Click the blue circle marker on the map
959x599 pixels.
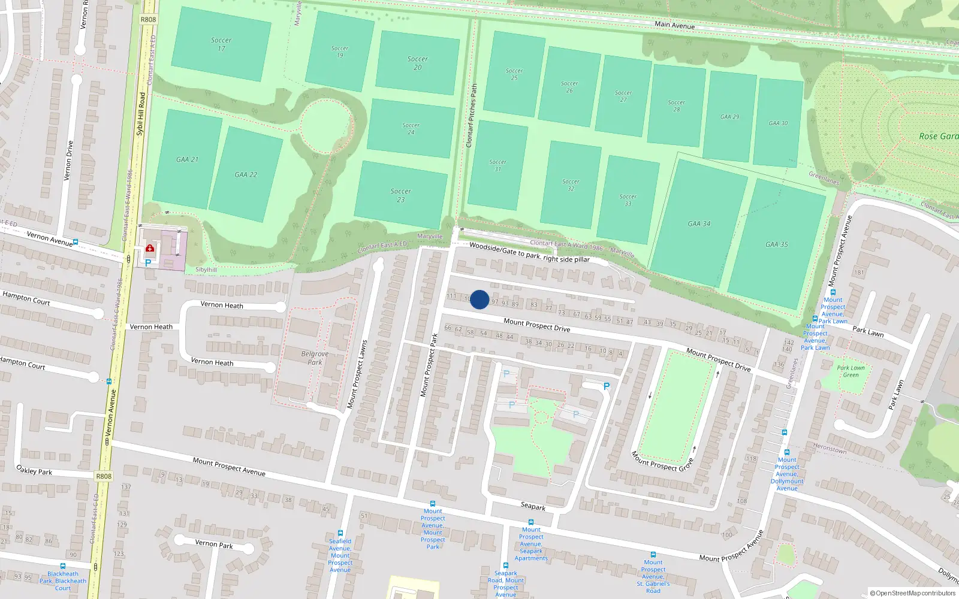[x=479, y=299]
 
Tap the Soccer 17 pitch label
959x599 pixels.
[x=221, y=44]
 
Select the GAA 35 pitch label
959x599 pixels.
[x=776, y=244]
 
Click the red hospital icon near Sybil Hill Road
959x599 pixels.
[x=150, y=248]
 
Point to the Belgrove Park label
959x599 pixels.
[x=315, y=358]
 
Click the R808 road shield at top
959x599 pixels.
[x=148, y=19]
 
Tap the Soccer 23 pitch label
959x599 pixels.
[x=400, y=195]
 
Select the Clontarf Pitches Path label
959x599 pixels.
[x=472, y=116]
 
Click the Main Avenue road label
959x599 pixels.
[x=674, y=25]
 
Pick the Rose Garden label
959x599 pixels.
[x=938, y=137]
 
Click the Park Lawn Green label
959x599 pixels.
[x=851, y=371]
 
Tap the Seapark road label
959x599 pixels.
[x=533, y=506]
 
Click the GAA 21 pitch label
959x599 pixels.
[x=187, y=159]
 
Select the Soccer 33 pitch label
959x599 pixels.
[x=628, y=200]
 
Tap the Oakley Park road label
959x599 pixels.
[x=34, y=470]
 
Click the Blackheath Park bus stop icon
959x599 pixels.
[x=63, y=565]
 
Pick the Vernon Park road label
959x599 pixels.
[x=214, y=544]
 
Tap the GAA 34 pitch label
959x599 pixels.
[x=699, y=224]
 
